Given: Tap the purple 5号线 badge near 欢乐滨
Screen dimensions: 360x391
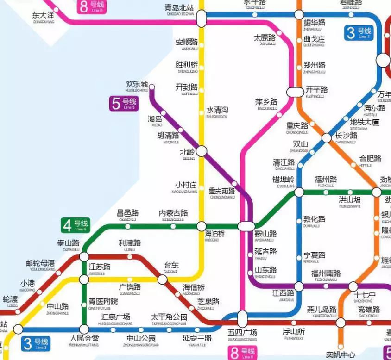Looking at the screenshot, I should click(124, 103).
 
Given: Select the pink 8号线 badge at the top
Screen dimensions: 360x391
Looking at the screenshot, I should click(91, 6).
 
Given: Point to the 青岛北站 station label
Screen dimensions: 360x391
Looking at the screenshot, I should click(179, 8).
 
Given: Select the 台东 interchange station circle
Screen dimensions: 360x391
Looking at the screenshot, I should click(163, 279).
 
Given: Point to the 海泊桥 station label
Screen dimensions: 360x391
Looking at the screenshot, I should click(214, 234).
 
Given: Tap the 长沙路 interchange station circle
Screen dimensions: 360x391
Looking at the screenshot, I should click(327, 137).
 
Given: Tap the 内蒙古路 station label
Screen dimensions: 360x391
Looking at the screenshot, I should click(173, 213).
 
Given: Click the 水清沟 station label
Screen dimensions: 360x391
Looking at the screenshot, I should click(217, 111).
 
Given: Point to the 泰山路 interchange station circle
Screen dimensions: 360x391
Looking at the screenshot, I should click(84, 256).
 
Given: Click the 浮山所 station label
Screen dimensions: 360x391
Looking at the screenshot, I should click(294, 332).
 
